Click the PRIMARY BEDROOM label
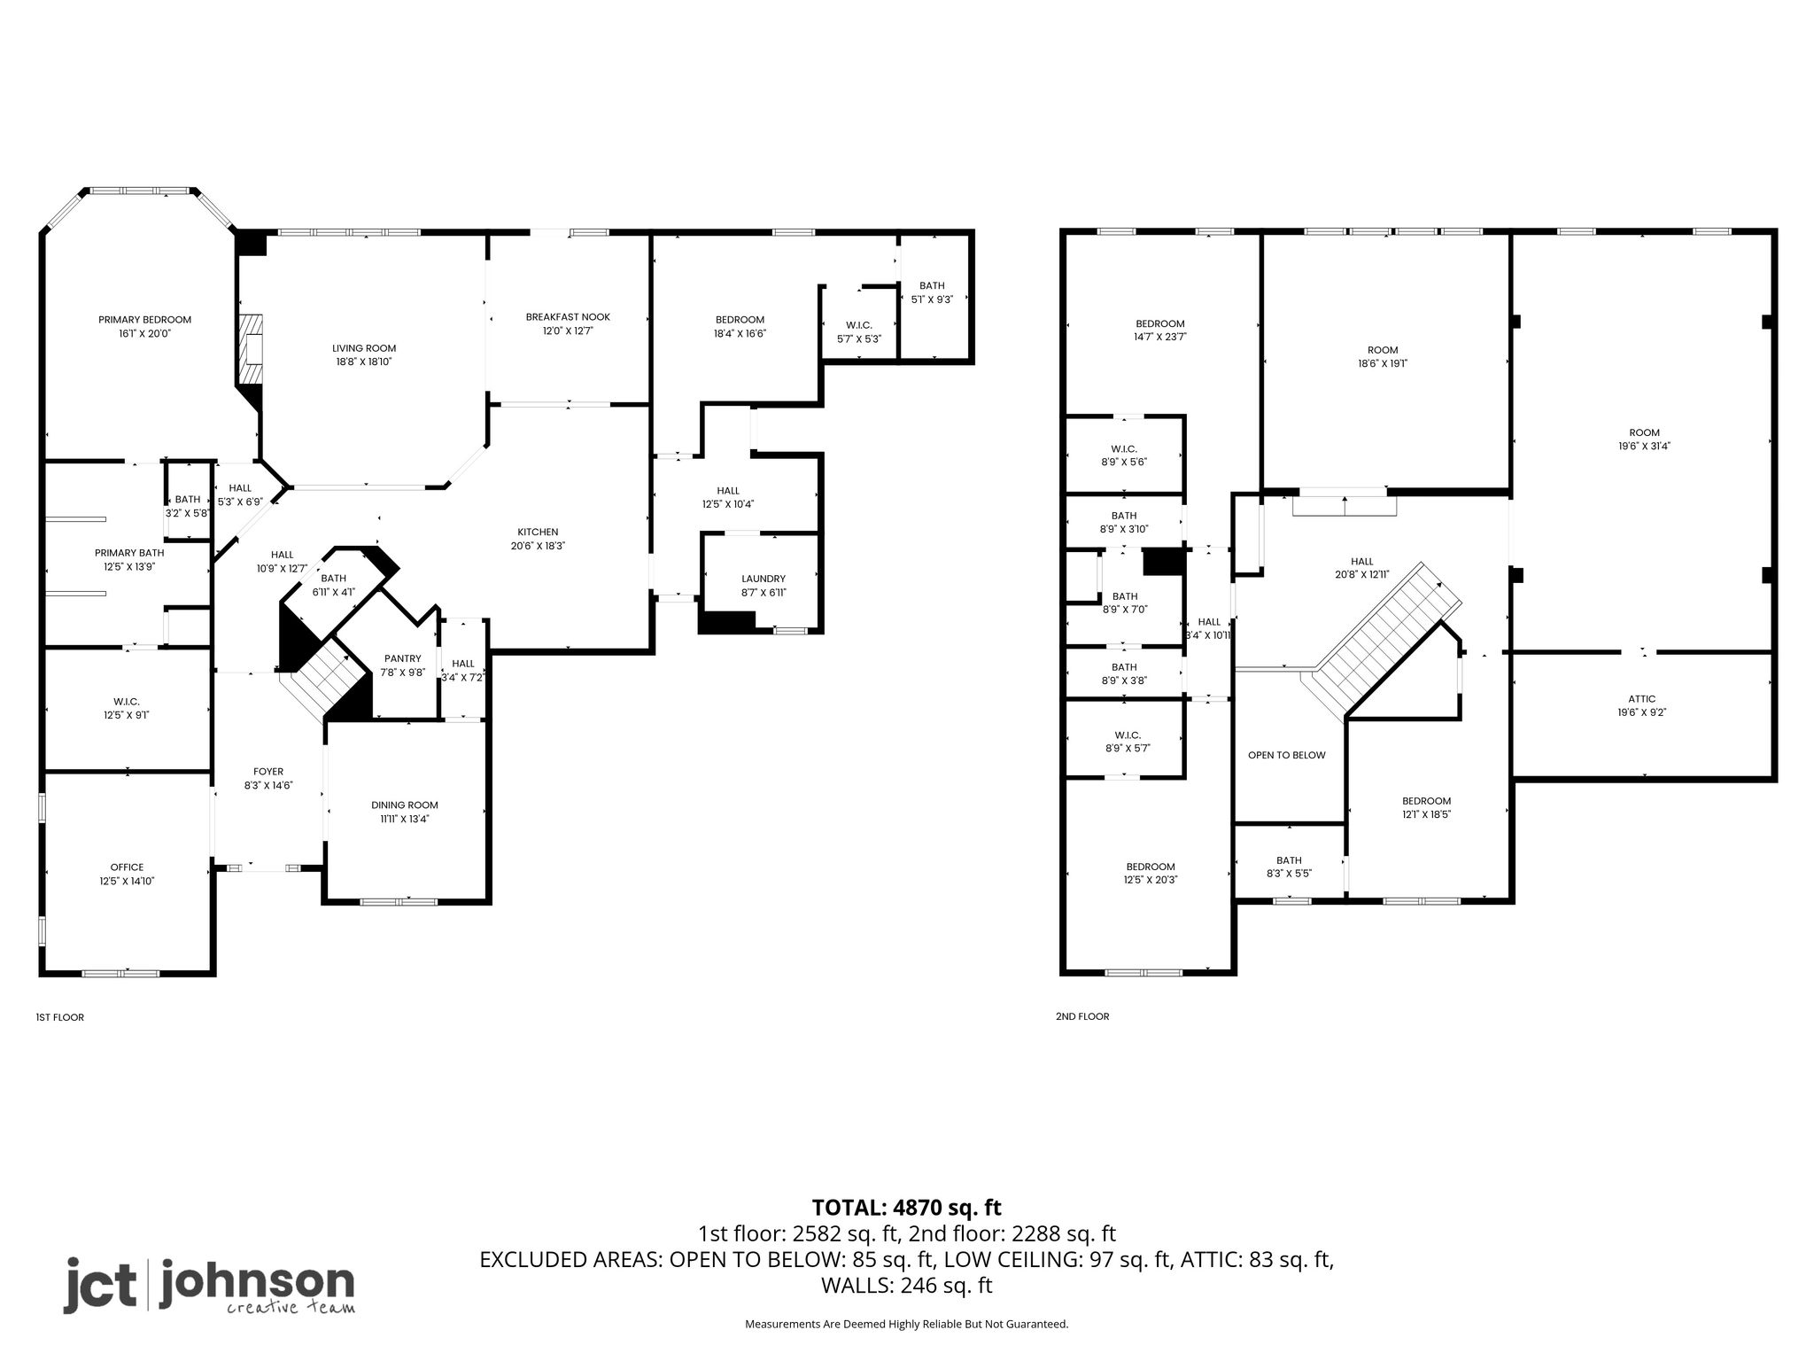[144, 320]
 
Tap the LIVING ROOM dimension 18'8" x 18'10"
[364, 362]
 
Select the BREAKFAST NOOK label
[568, 317]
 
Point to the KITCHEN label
[538, 533]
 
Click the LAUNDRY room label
[764, 579]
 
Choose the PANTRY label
[403, 658]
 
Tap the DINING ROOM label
[405, 805]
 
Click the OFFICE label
[127, 867]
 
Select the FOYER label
[268, 772]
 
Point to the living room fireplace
[252, 349]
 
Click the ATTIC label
[1641, 699]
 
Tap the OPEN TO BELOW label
[1287, 756]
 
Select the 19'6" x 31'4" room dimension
[1645, 447]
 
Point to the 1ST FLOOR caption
[60, 1017]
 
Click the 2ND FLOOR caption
[1082, 1016]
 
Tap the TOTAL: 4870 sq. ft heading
[907, 1208]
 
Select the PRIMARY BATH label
[129, 553]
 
